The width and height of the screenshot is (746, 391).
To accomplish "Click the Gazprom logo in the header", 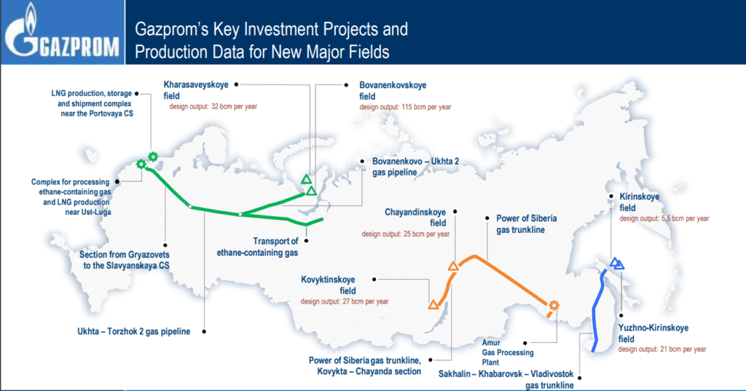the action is (x=62, y=33).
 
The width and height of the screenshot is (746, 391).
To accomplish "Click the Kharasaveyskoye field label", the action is (x=196, y=90).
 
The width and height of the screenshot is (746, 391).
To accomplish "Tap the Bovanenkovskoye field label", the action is (x=393, y=90).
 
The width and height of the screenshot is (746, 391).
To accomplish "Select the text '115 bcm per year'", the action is (x=426, y=107).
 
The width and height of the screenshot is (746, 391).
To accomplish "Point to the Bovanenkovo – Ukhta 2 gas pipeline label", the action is (x=415, y=167).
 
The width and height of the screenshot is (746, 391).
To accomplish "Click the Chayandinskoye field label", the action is (x=415, y=218).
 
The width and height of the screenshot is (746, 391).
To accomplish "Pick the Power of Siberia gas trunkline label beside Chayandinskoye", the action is (x=526, y=224).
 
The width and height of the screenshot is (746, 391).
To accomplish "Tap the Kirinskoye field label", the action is (x=639, y=202).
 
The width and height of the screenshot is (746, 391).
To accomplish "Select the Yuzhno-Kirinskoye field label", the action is (x=653, y=333).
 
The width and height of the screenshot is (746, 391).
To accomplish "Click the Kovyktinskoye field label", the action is (x=328, y=285).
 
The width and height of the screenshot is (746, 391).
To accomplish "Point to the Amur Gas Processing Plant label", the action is (x=508, y=352).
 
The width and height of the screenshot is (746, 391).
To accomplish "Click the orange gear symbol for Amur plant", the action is (x=554, y=305).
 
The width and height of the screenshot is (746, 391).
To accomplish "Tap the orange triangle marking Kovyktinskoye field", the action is (x=433, y=305).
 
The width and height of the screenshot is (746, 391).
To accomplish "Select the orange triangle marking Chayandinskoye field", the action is (x=453, y=266).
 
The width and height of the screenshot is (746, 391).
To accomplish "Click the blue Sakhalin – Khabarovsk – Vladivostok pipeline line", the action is (x=594, y=312).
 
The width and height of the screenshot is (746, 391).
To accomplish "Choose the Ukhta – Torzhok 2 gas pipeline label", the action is (x=134, y=331).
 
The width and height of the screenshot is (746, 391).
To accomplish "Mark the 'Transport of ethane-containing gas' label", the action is (x=257, y=247).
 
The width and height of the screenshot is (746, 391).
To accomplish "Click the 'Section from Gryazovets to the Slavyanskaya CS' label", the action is (x=124, y=260).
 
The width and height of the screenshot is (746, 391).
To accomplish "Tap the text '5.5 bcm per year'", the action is (x=685, y=219).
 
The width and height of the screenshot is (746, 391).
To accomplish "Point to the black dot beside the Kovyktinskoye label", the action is (x=374, y=280).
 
